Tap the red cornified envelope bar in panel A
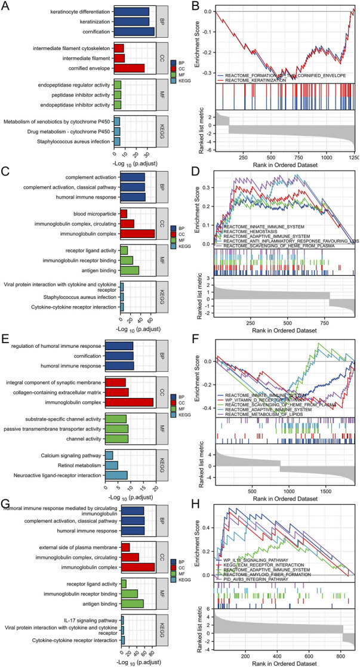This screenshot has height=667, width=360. [129, 68]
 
